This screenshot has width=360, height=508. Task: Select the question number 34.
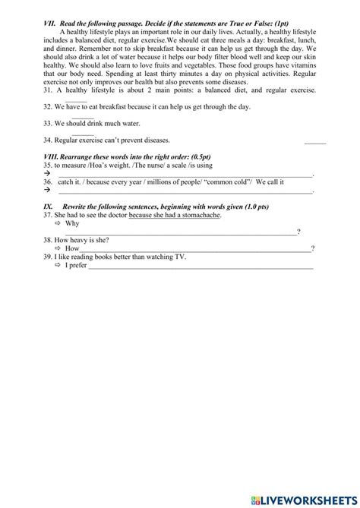[x=49, y=140]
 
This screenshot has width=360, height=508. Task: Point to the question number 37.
[x=49, y=215]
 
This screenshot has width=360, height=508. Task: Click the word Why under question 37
[x=72, y=224]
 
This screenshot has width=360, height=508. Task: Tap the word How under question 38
[x=72, y=248]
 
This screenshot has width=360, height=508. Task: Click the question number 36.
[x=49, y=181]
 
